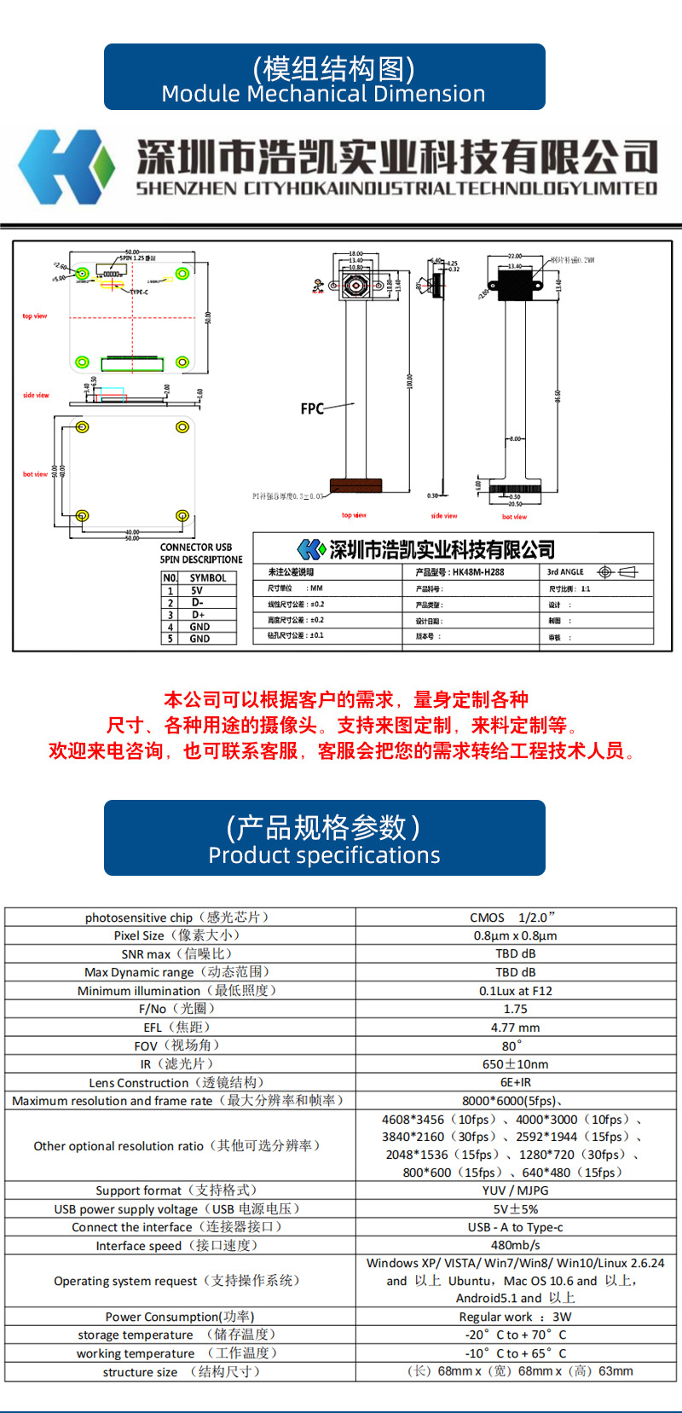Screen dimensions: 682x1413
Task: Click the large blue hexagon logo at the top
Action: pos(66,166)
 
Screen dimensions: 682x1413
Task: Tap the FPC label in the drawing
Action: pos(312,409)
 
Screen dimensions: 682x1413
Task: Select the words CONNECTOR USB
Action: pos(196,547)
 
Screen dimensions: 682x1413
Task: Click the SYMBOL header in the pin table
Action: pos(208,578)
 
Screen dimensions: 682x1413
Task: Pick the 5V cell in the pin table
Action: pos(197,590)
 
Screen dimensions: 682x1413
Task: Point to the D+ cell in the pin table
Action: pos(198,614)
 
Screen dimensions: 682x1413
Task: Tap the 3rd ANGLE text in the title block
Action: pos(565,572)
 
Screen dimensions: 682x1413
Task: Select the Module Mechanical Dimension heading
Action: pos(324,94)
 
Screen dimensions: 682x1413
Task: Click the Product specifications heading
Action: pos(324,855)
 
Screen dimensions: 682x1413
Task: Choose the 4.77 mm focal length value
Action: pos(515,1028)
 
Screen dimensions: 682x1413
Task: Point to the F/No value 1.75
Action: pos(515,1009)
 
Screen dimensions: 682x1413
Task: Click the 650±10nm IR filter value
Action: pos(515,1064)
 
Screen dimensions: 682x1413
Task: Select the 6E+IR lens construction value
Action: pos(515,1082)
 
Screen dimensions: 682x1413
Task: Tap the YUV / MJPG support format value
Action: pos(515,1190)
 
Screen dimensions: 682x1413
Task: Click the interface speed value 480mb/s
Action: pos(515,1245)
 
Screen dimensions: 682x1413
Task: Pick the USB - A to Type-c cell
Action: pos(515,1227)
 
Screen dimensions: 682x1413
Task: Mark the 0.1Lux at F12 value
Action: pos(515,991)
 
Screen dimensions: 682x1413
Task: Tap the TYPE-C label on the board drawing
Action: pos(138,292)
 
